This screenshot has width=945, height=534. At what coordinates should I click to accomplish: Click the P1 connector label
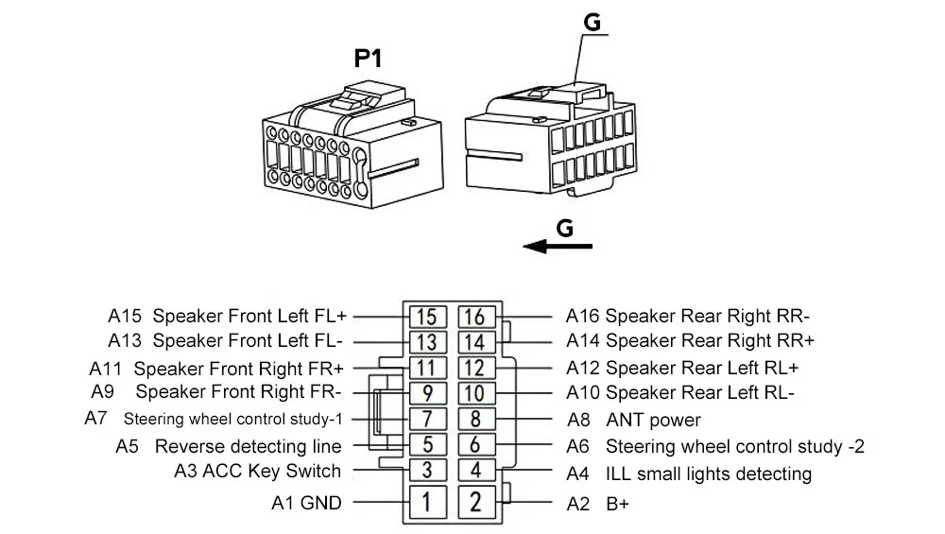click(368, 59)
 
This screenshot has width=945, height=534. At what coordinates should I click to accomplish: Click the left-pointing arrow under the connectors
click(558, 246)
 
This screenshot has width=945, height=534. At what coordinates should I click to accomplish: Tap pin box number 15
click(427, 317)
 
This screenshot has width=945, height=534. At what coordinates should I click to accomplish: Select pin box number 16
click(475, 317)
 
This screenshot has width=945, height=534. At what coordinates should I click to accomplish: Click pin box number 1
click(427, 502)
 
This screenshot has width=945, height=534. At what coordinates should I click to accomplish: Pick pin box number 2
click(475, 502)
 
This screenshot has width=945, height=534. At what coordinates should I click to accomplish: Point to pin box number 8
click(475, 419)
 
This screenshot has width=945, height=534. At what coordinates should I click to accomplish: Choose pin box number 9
click(427, 393)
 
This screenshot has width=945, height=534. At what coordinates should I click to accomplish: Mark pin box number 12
click(475, 368)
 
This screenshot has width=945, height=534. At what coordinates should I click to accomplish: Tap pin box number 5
click(427, 445)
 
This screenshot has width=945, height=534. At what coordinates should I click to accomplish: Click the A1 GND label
click(307, 503)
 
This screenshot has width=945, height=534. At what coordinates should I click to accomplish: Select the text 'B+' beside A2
click(617, 504)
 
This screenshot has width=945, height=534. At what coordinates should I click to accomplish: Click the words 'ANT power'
click(653, 420)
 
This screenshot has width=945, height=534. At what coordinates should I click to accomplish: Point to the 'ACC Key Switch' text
click(272, 471)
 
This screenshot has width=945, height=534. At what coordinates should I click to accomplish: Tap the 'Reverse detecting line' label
click(249, 447)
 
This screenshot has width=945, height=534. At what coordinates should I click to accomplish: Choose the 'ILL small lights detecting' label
click(709, 474)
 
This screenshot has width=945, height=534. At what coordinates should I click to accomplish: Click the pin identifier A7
click(95, 419)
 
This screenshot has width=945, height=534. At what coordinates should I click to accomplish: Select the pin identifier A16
click(582, 317)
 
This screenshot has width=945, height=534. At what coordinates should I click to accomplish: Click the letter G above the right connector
click(593, 23)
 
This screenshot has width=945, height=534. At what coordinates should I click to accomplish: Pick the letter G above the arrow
click(565, 228)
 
